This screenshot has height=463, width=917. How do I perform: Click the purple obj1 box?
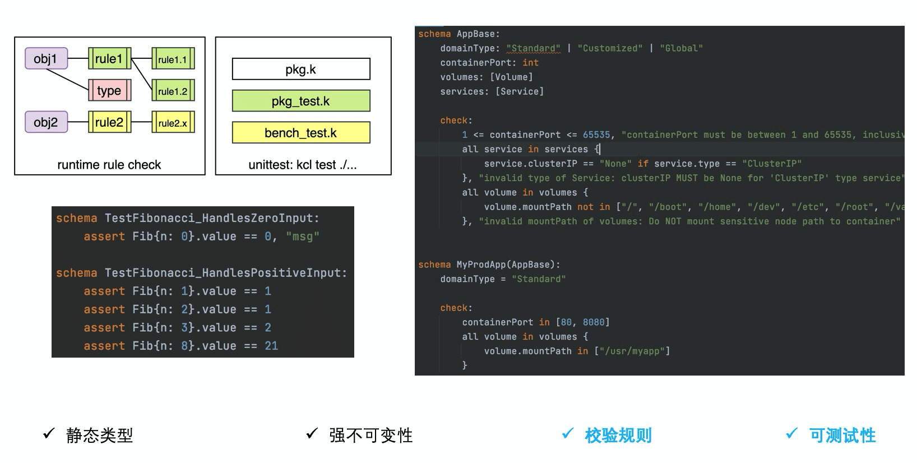46,58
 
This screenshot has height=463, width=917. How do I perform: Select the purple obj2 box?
46,122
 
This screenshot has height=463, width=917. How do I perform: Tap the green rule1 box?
109,58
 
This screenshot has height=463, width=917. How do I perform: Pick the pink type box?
109,90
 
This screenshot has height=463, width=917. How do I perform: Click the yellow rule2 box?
109,122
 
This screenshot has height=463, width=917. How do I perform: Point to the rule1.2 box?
173,91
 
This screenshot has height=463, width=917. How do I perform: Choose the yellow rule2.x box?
173,123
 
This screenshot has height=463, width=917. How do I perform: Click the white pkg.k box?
301,70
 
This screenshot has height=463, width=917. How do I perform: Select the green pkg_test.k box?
301,101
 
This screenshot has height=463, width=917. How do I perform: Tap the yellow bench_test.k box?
301,133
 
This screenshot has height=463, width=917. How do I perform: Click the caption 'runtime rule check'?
109,165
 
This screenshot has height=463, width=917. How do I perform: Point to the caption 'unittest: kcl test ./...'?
303,165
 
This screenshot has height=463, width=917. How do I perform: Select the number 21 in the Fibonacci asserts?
271,346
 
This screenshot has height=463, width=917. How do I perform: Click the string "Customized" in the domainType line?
610,48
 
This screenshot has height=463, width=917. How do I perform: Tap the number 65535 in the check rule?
596,135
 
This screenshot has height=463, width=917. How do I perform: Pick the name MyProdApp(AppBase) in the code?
508,265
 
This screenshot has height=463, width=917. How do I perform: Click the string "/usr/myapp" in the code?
632,351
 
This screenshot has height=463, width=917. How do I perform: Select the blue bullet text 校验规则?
618,436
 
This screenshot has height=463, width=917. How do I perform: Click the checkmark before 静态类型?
49,433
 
